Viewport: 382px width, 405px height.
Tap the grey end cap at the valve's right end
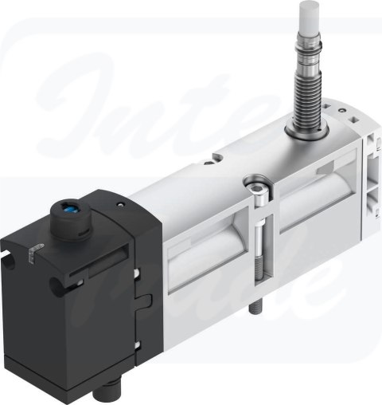pos(362,171)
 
